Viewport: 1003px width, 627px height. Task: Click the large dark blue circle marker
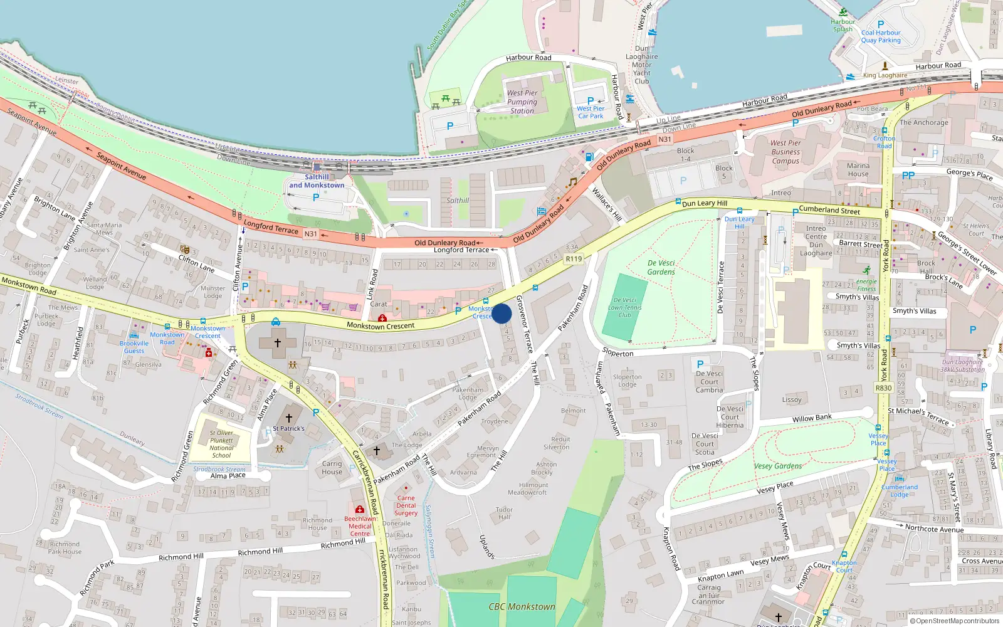click(501, 313)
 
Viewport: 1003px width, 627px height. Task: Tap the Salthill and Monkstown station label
click(317, 181)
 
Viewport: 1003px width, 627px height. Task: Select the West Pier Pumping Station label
click(522, 102)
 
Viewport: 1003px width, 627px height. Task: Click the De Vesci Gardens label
click(661, 268)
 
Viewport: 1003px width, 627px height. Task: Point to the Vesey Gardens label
click(778, 466)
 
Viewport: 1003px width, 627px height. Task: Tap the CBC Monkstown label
click(522, 606)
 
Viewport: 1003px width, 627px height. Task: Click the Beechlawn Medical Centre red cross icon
click(360, 509)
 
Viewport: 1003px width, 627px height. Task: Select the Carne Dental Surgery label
click(406, 505)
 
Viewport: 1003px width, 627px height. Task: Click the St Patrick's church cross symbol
click(289, 418)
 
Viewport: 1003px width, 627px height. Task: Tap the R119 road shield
click(574, 258)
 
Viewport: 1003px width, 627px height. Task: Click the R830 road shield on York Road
click(883, 388)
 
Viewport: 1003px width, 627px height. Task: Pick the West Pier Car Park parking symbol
click(590, 100)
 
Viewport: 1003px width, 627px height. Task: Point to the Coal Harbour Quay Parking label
click(881, 36)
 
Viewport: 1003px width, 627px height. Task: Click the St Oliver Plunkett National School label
click(221, 444)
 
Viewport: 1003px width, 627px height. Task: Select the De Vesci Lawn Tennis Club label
click(625, 307)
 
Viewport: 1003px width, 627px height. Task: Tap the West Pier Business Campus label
click(785, 152)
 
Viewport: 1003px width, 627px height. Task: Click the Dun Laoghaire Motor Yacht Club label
click(642, 65)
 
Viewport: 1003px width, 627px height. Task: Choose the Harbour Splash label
click(843, 25)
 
